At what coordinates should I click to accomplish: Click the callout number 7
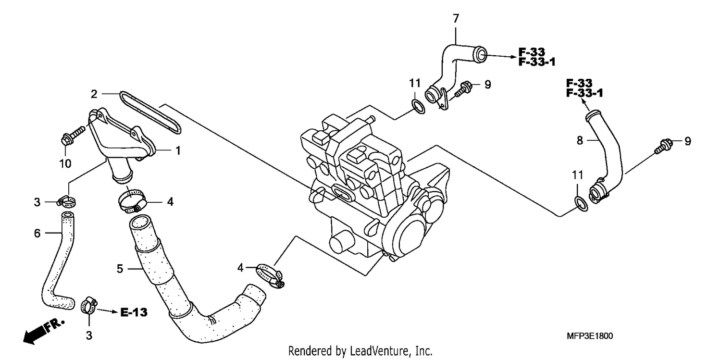(456, 19)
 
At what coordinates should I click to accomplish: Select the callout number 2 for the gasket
(94, 94)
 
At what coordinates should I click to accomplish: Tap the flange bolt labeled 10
(73, 137)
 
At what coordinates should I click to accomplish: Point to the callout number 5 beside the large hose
(120, 269)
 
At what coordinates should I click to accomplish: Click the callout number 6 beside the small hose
(37, 233)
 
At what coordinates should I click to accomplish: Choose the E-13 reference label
(134, 312)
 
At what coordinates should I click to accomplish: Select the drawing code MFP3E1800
(590, 336)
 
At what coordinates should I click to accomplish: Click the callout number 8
(580, 141)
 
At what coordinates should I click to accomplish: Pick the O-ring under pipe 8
(581, 204)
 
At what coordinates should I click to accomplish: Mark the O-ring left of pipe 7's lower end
(418, 107)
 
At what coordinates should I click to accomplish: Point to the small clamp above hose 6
(66, 202)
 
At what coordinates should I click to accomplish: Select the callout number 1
(178, 150)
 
